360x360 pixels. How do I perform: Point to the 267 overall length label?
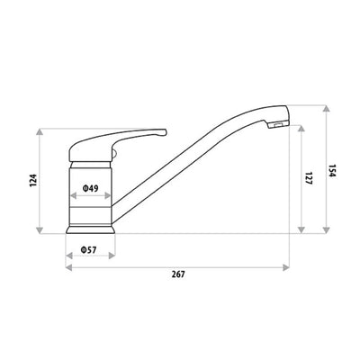(176, 274)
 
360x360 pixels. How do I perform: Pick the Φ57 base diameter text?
(88, 249)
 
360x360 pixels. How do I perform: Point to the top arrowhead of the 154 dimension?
(321, 108)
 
